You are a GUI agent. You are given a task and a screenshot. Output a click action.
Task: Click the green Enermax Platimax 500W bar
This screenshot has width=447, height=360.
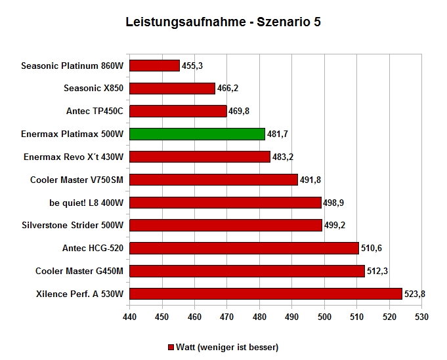[x=198, y=134]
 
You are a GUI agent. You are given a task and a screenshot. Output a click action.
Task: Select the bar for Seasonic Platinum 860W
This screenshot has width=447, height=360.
[x=154, y=66]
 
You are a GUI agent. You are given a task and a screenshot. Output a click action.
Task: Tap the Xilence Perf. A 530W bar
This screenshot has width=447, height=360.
[x=266, y=294]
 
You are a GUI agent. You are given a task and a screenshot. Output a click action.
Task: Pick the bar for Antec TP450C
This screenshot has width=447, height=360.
[x=178, y=111]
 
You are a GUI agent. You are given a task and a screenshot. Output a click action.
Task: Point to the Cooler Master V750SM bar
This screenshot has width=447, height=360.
[x=213, y=180]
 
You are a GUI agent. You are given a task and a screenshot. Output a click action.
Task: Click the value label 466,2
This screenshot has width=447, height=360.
[x=228, y=89]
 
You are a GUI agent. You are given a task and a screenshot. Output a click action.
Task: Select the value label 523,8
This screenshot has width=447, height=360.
[x=414, y=294]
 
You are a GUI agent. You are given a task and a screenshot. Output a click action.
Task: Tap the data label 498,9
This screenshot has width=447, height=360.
[x=333, y=203]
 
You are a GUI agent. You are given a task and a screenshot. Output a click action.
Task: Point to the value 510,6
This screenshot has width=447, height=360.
[x=371, y=248]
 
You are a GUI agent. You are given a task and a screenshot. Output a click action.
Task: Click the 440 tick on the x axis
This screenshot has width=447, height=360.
[x=129, y=317]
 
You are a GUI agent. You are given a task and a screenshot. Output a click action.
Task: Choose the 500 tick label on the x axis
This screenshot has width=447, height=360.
[x=324, y=317]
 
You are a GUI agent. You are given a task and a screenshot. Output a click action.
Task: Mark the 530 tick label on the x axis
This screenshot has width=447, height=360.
[x=421, y=317]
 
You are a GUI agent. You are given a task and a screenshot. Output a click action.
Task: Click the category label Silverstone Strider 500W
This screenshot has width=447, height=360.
[x=73, y=226]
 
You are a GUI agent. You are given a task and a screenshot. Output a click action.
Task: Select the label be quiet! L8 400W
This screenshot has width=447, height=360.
[x=87, y=203]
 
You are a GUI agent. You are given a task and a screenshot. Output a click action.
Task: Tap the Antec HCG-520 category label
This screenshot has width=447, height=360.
[x=93, y=248]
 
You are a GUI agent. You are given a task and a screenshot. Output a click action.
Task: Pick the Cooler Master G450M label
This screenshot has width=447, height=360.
[x=79, y=271]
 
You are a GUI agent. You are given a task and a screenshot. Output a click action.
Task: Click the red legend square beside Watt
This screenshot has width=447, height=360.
[x=171, y=347]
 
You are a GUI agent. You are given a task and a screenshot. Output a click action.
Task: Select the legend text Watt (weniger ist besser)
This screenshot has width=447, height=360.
[x=227, y=347]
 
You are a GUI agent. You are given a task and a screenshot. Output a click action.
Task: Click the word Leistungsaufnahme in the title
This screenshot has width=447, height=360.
[x=186, y=22]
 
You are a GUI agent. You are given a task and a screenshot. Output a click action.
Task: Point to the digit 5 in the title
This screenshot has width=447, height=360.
[x=317, y=22]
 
